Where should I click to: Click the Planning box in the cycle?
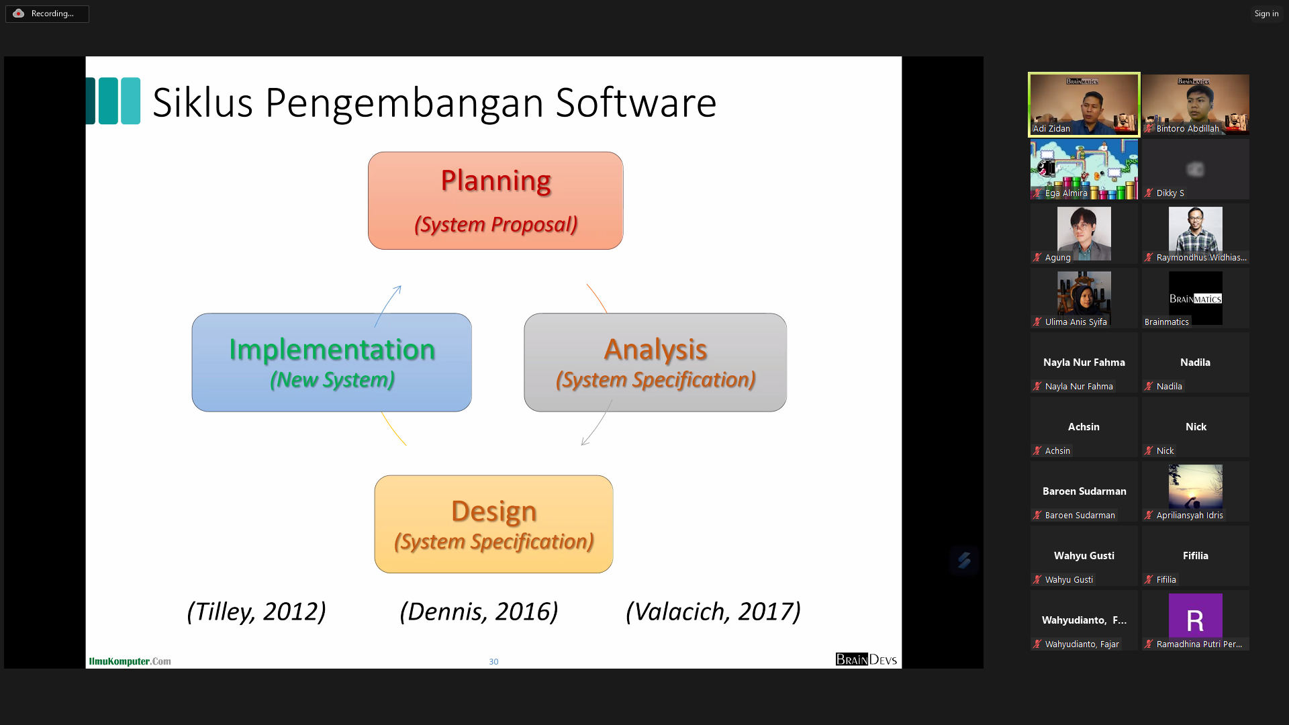point(495,201)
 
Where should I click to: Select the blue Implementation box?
point(332,362)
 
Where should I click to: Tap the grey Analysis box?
point(655,362)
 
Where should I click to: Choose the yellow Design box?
point(493,524)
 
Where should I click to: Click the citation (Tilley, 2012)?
point(256,612)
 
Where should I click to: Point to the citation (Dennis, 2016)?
point(479,612)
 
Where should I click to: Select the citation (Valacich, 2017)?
point(713,612)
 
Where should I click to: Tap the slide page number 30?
point(493,662)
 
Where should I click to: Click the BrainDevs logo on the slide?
point(866,659)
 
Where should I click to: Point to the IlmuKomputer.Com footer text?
point(130,661)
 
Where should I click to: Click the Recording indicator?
point(47,13)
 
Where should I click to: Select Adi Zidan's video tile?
point(1084,105)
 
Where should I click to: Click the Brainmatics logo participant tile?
point(1196,298)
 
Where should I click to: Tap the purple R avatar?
point(1196,616)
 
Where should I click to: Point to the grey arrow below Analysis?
point(597,423)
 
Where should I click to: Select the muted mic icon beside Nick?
point(1149,450)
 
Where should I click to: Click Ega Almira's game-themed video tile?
point(1084,169)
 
